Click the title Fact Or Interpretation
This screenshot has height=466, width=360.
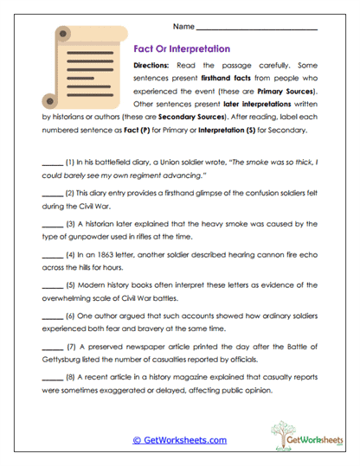click(182, 49)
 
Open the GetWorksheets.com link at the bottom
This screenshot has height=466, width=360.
click(179, 439)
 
